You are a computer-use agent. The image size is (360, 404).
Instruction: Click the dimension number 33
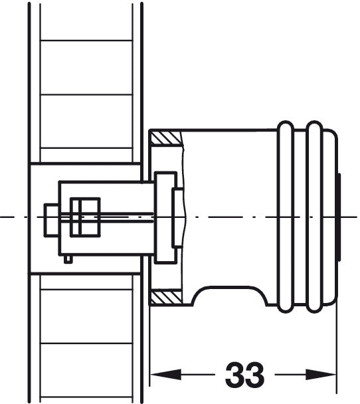coord(244,374)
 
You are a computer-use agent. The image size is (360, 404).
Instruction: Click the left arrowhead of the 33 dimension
coord(165,374)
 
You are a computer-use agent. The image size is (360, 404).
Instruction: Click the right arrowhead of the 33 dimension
coord(321,374)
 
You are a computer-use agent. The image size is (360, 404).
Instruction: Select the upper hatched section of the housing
coord(166,138)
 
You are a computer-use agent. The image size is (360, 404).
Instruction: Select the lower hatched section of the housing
coord(166,297)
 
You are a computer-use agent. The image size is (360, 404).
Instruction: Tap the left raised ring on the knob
coord(286,217)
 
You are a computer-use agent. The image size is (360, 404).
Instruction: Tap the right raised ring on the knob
coord(314,217)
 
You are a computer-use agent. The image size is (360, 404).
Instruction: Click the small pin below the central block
coord(68,259)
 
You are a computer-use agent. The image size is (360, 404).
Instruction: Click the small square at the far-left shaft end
coord(52,220)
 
